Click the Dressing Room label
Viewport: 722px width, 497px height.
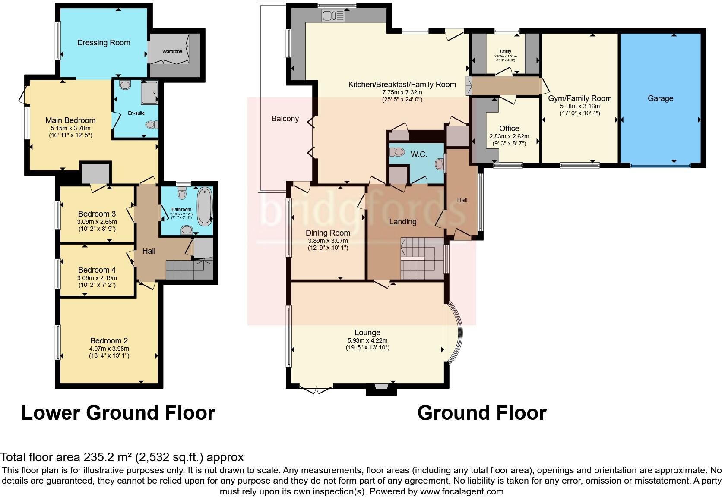[x=104, y=43]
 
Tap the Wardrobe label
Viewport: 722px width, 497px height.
[x=172, y=51]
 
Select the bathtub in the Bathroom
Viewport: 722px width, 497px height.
[x=203, y=207]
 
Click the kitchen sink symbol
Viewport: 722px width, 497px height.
[x=333, y=16]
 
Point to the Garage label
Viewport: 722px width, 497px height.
[x=660, y=98]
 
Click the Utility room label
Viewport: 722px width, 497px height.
[x=505, y=51]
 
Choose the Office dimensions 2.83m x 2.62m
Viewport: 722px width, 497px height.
[x=509, y=136]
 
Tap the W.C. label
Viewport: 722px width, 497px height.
[x=418, y=154]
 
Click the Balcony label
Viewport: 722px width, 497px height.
[x=285, y=119]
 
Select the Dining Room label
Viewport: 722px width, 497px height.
[x=328, y=233]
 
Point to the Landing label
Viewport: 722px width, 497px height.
[x=402, y=222]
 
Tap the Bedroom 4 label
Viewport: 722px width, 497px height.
[x=97, y=270]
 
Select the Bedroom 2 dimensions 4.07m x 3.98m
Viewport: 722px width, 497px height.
[x=109, y=349]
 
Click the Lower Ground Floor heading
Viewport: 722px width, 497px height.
[x=118, y=413]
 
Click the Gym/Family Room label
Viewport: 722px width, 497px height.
[x=579, y=98]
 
